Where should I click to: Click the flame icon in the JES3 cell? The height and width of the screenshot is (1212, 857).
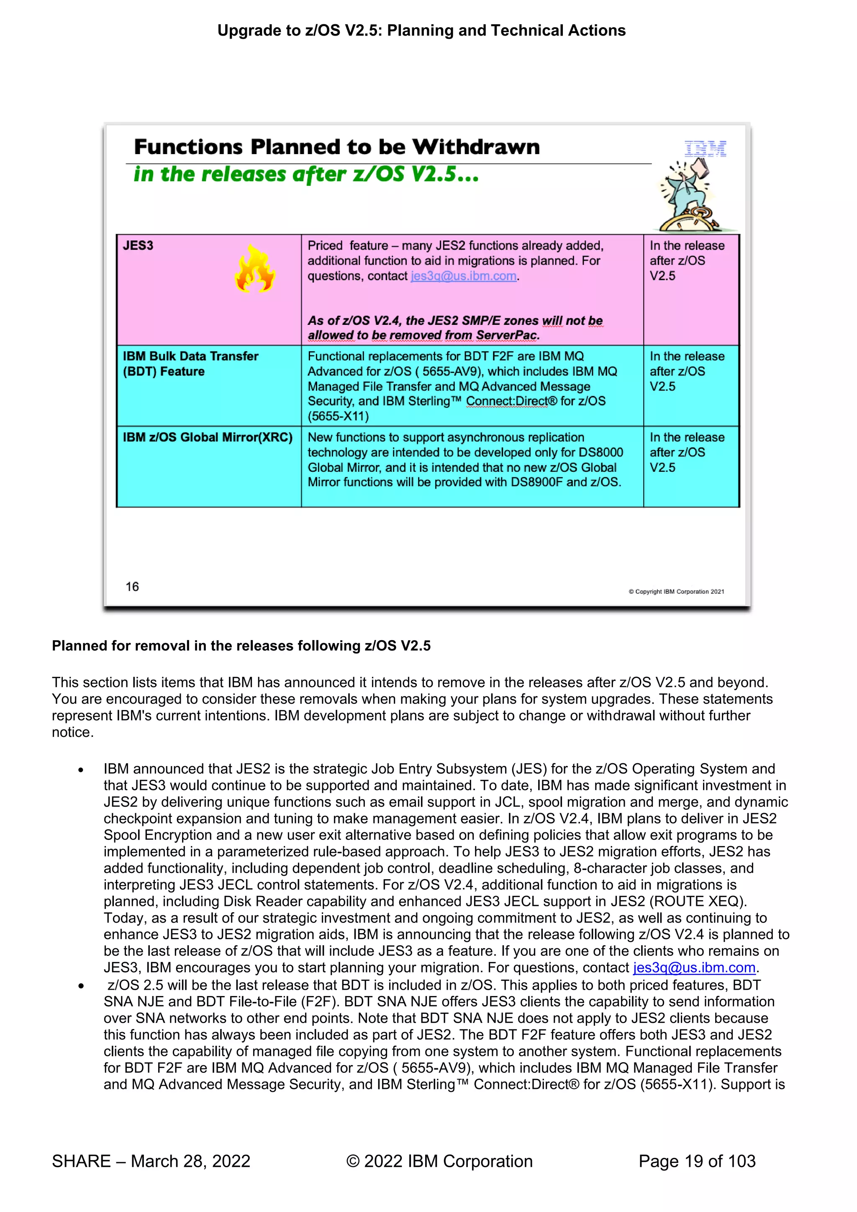pos(255,269)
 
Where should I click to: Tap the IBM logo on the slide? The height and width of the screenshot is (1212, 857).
pos(705,149)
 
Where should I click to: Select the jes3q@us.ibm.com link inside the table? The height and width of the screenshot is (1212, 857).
pos(463,276)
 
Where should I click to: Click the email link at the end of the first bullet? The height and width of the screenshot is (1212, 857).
pos(694,968)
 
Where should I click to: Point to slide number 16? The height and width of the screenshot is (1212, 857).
pos(132,587)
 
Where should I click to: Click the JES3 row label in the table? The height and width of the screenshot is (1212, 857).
pos(138,245)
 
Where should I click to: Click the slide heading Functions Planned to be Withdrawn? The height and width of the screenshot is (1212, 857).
pos(337,147)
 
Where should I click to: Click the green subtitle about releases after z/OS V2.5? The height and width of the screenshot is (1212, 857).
pos(306,174)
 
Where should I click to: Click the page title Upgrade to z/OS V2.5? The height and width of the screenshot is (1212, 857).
pos(421,31)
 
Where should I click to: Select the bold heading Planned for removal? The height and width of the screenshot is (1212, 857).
pos(241,646)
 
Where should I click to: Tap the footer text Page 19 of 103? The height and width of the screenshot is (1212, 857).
pos(697,1161)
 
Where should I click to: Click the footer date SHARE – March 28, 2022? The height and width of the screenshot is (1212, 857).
pos(151,1161)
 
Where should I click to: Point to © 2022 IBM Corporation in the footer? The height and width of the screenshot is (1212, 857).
pos(439,1161)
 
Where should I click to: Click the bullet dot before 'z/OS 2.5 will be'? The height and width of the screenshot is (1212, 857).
pos(81,986)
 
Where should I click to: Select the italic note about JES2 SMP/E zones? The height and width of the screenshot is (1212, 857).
pos(455,328)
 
